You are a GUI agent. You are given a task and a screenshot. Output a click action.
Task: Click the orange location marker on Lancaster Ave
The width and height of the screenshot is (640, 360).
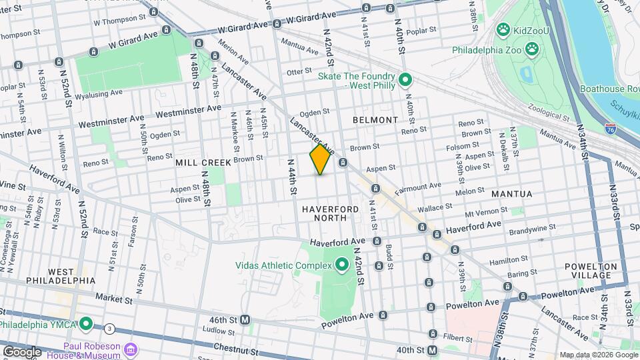321,159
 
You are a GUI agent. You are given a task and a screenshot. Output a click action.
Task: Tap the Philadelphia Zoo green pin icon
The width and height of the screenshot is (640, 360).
532,49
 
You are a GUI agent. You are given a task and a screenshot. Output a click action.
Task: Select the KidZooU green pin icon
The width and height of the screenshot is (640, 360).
503,30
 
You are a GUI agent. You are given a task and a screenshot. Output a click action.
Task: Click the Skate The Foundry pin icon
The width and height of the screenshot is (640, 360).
405,82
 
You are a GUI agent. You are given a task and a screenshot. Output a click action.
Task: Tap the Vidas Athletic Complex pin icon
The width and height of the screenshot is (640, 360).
342,265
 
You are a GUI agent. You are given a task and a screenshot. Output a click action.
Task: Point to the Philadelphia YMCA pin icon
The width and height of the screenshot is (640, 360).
86,325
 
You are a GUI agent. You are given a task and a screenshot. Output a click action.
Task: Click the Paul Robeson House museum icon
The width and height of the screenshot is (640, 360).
131,350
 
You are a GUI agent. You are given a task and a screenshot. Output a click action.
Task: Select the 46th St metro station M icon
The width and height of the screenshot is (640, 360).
245,320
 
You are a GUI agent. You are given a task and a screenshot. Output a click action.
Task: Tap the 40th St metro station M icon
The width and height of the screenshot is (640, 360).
433,351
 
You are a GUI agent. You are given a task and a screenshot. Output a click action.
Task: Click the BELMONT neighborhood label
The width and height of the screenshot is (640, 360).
375,120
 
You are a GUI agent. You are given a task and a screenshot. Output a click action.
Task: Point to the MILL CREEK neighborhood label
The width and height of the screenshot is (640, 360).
203,163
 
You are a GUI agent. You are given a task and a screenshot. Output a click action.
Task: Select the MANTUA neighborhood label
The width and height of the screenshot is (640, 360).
511,194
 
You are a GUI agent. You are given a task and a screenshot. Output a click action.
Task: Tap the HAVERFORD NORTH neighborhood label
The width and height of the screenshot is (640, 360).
333,213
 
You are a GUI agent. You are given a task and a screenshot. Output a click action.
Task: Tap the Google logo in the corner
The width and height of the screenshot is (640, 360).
21,351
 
